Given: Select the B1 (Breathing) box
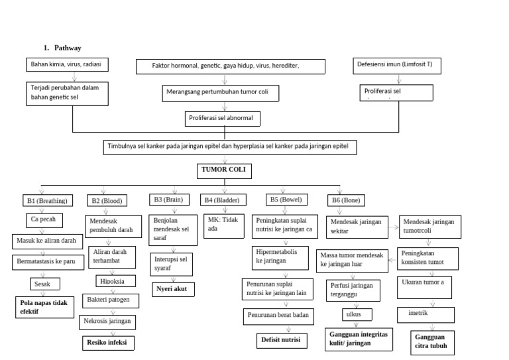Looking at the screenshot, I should pyautogui.click(x=48, y=200).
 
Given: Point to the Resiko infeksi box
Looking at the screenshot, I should pyautogui.click(x=108, y=343).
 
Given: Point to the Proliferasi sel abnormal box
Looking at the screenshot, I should pyautogui.click(x=222, y=119).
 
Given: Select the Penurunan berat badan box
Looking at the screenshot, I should pyautogui.click(x=278, y=316).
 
